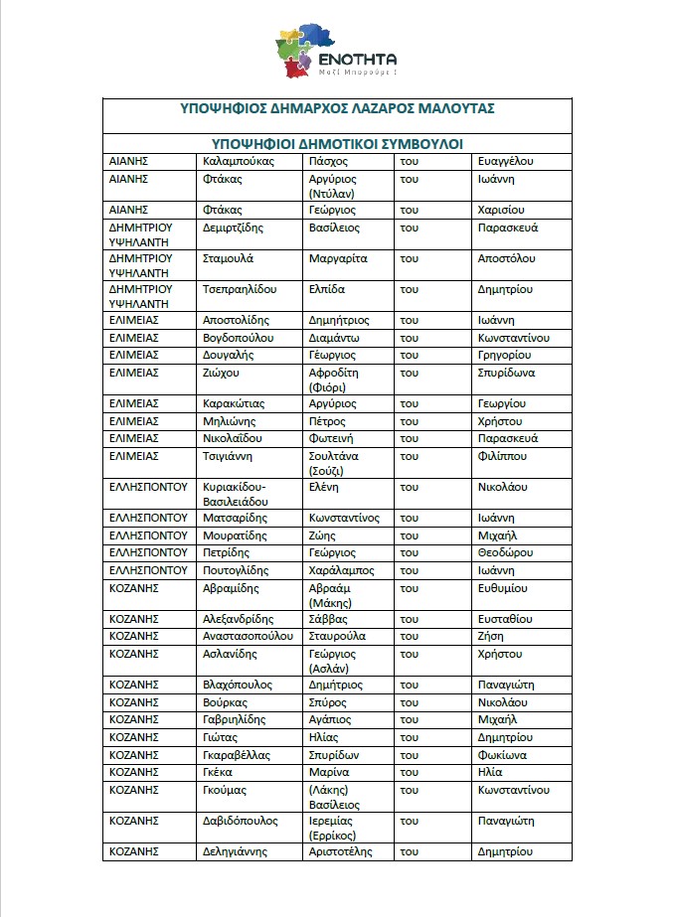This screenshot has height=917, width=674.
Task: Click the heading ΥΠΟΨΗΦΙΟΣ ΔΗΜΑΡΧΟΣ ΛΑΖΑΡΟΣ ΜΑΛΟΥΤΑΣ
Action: (337, 107)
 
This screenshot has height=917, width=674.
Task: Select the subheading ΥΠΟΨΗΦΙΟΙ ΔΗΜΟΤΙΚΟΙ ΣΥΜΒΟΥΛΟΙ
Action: (337, 143)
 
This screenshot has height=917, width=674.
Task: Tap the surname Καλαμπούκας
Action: (238, 160)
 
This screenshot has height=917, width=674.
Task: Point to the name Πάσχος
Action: (328, 160)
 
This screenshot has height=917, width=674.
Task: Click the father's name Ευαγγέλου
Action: (506, 160)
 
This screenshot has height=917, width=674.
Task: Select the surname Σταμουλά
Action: (228, 258)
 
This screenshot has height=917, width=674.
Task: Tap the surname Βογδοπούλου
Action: (239, 338)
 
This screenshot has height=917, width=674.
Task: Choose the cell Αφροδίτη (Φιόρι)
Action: (334, 380)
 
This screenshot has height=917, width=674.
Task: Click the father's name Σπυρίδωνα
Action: (506, 373)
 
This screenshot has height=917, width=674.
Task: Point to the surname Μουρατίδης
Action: (235, 535)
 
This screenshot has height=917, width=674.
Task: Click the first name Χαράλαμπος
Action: (342, 570)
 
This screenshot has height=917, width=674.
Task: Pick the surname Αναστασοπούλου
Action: (248, 636)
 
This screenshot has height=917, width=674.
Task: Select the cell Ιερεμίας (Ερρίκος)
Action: (334, 829)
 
